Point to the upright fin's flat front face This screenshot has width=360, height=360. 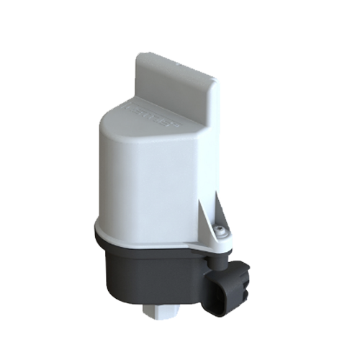coord(173,80)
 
